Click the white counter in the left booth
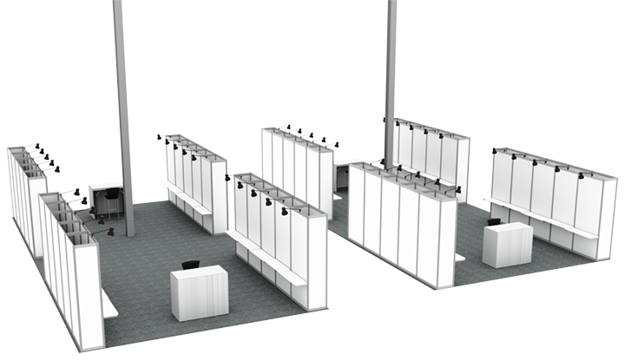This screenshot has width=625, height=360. [x=200, y=292]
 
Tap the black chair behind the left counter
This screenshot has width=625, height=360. [x=189, y=264]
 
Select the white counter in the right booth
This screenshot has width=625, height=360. [x=507, y=244]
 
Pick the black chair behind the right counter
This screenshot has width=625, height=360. [x=495, y=222]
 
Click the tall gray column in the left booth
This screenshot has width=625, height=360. [x=124, y=121]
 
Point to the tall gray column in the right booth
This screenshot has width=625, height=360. [x=391, y=78]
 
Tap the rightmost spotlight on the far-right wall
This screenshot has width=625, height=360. [x=580, y=176]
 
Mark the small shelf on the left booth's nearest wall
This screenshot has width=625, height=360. [x=109, y=304]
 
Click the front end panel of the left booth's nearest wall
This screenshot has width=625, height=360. [x=89, y=295]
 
